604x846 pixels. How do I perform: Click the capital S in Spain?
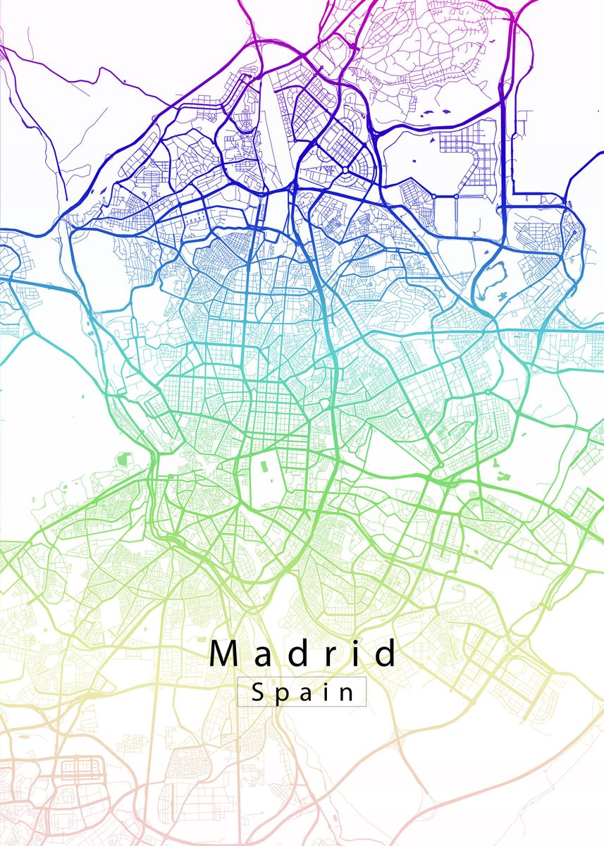257,692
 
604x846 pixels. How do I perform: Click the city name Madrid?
304,654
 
